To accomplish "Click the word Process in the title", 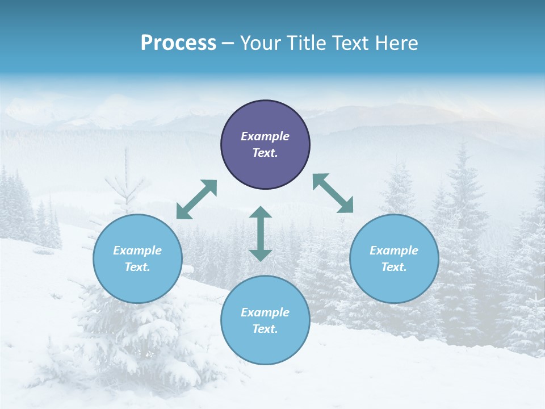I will [178, 43].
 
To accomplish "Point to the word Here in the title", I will [397, 43].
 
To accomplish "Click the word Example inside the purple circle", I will [265, 136].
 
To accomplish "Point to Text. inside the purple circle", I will [265, 153].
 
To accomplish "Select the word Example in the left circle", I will [137, 251].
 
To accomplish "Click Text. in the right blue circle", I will [394, 267].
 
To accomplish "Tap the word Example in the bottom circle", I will [265, 312].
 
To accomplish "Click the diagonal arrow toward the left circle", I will [196, 199].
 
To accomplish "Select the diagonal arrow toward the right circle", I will [333, 193].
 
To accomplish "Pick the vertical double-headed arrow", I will [261, 233].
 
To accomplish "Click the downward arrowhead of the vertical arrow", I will [261, 255].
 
